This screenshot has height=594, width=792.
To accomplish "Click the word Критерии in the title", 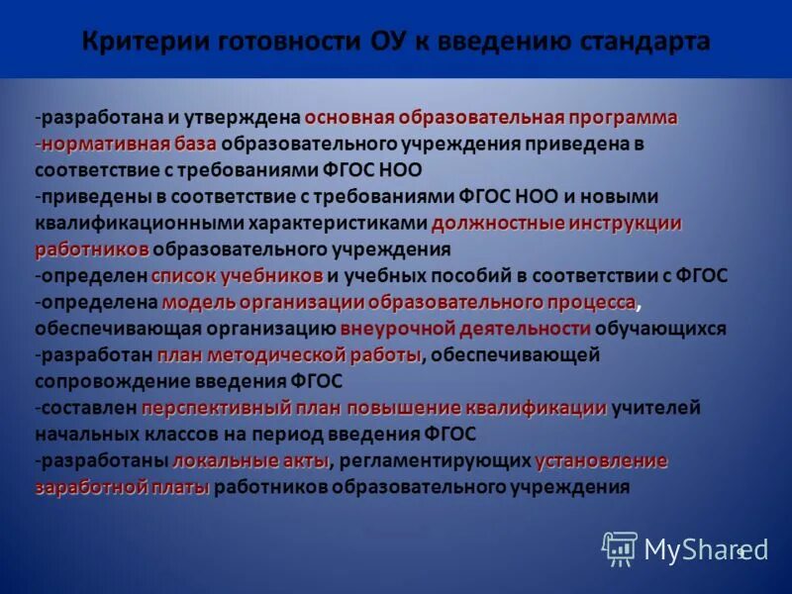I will coord(134,42).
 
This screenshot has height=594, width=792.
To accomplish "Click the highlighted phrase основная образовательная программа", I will coord(491,118).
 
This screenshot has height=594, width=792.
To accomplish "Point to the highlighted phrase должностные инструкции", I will coord(556,223).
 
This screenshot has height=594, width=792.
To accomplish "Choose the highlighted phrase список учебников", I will coord(238,275).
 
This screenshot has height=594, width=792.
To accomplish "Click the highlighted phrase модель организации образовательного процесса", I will coord(399,302).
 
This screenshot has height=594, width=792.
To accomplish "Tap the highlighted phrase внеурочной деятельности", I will coord(465,329).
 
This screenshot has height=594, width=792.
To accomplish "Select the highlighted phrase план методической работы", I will coord(289,355).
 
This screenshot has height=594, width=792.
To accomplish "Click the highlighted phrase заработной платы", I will coord(123,487).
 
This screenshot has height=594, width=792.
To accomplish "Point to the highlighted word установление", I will coord(601,460).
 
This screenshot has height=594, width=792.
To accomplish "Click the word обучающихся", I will coord(661,329).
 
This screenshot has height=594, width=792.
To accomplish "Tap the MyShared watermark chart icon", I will coord(620,548).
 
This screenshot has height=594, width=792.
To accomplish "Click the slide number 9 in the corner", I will coord(740,552).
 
